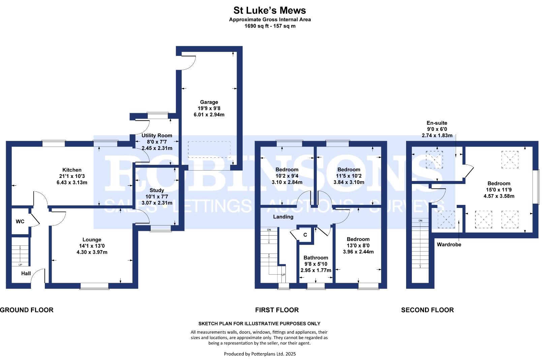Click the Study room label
pyautogui.click(x=157, y=190)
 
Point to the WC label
pyautogui.click(x=20, y=222)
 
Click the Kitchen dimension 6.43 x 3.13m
pyautogui.click(x=72, y=183)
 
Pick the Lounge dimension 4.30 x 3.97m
pyautogui.click(x=92, y=252)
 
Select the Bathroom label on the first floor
pyautogui.click(x=315, y=257)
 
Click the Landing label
pyautogui.click(x=283, y=217)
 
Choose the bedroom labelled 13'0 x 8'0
pyautogui.click(x=358, y=245)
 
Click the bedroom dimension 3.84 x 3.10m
pyautogui.click(x=348, y=182)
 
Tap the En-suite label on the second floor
pyautogui.click(x=437, y=123)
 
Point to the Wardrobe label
pyautogui.click(x=449, y=244)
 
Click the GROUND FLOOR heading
pyautogui.click(x=27, y=310)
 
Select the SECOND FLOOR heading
pyautogui.click(x=427, y=310)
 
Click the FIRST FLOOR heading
pyautogui.click(x=277, y=310)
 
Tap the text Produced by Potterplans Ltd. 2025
pyautogui.click(x=260, y=354)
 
